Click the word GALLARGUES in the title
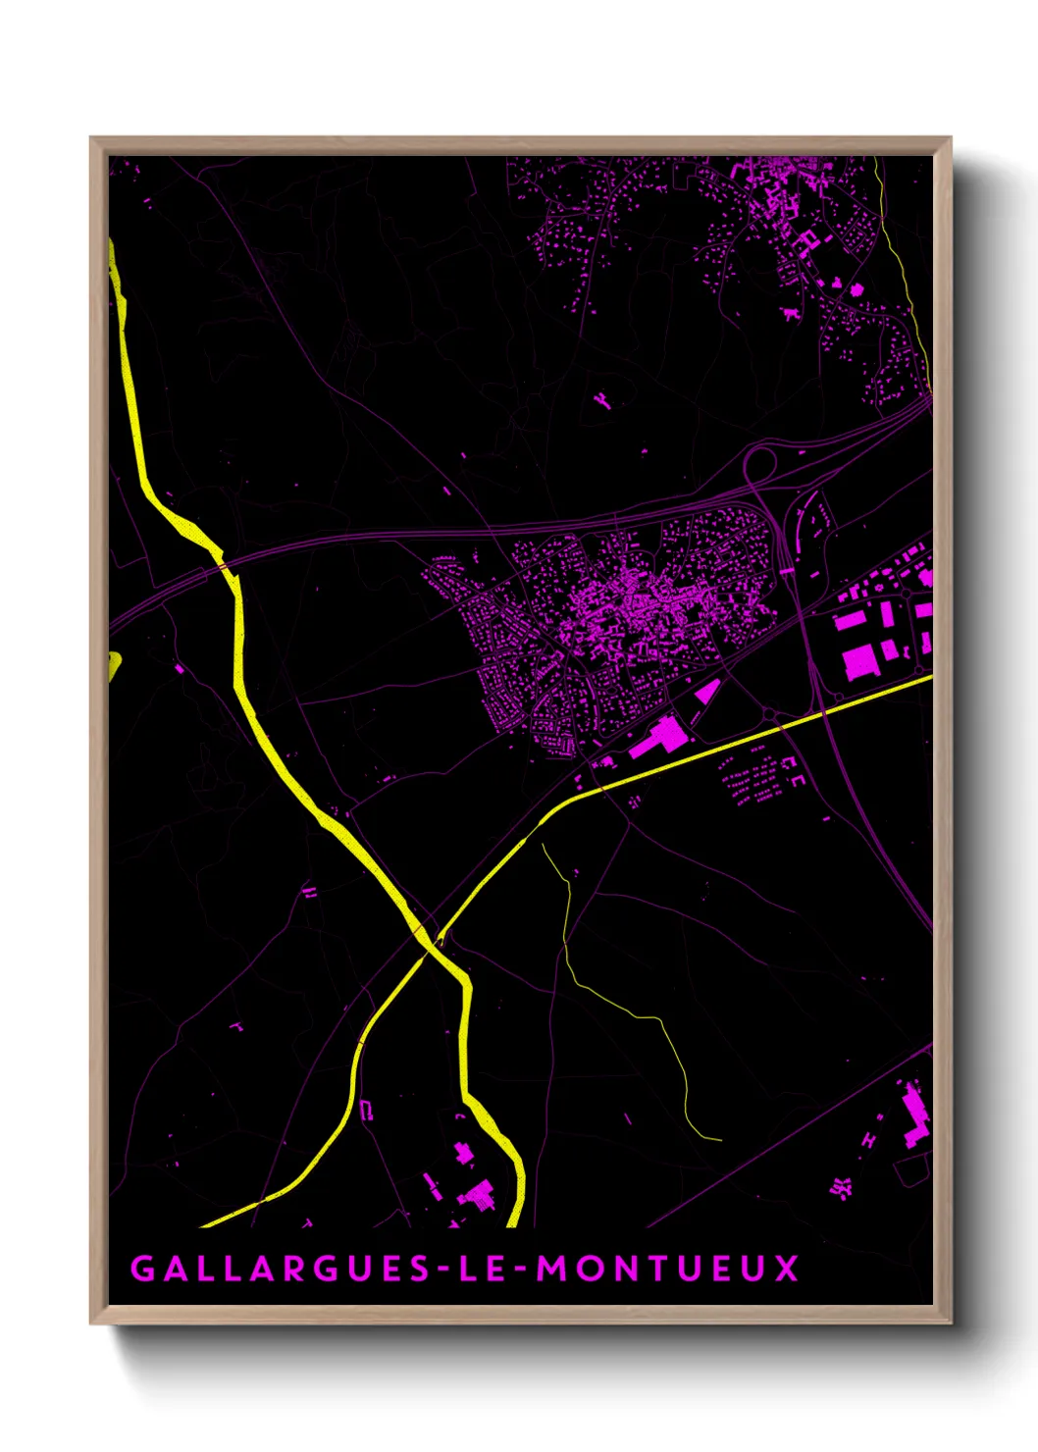pos(280,1269)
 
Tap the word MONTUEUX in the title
pos(667,1269)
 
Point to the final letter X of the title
pos(787,1269)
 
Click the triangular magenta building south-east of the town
pos(707,691)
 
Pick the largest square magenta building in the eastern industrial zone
pos(859,661)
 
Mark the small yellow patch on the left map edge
pos(114,665)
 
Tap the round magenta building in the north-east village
pos(856,289)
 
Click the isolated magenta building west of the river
pos(180,668)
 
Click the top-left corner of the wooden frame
pos(91,138)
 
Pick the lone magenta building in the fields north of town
pos(600,399)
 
